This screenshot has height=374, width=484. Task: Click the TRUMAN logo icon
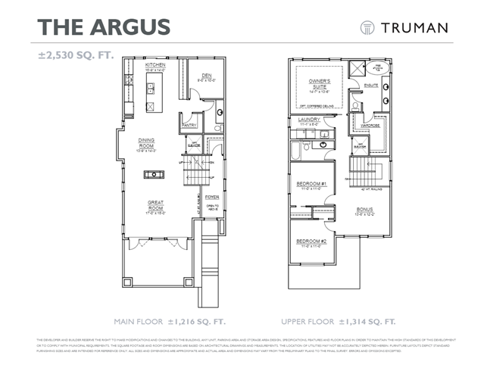click(367, 27)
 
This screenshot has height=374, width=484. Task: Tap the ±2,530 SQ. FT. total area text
click(77, 56)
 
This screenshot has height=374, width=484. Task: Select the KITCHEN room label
click(155, 66)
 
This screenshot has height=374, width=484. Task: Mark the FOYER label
click(212, 197)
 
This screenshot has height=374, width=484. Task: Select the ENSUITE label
click(370, 86)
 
